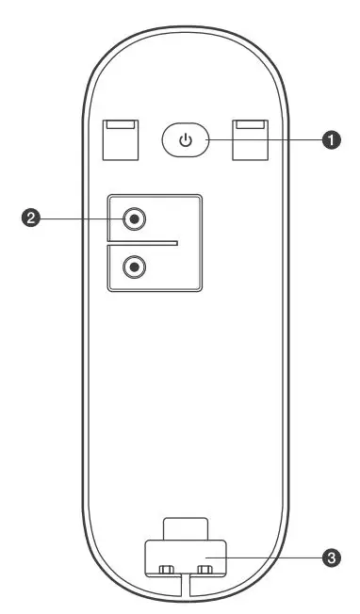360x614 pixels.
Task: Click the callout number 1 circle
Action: coord(331,140)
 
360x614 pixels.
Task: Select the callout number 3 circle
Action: coord(331,558)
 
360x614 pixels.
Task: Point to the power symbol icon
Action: coord(187,141)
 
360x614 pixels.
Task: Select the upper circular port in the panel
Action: coord(137,219)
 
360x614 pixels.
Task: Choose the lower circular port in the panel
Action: coord(137,267)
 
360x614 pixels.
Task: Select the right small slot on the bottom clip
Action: coord(204,570)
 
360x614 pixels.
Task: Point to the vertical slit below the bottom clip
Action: coord(185,589)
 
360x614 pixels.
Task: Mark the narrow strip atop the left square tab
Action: coord(120,124)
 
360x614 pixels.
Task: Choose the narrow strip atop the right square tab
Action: coord(250,124)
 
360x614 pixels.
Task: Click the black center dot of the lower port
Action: coord(137,267)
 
